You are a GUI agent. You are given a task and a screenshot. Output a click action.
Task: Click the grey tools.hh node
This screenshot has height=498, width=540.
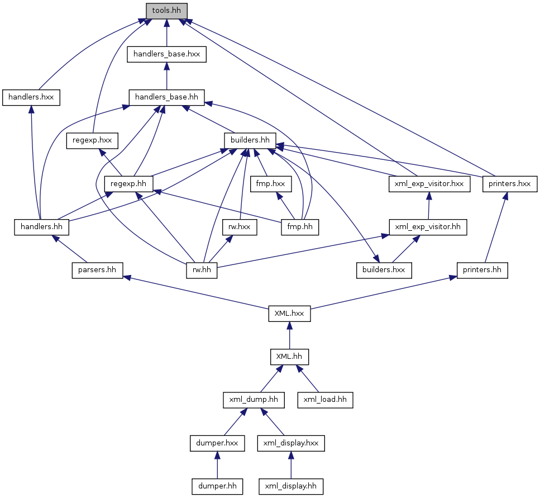click(x=166, y=11)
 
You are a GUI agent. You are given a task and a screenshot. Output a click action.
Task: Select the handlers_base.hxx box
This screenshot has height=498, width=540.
click(x=166, y=54)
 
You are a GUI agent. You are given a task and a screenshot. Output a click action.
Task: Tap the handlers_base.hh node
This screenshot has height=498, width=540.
click(x=166, y=98)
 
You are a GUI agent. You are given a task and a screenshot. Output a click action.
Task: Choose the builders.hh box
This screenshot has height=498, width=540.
click(x=250, y=141)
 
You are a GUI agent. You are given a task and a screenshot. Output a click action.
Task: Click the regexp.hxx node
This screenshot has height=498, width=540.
click(x=92, y=141)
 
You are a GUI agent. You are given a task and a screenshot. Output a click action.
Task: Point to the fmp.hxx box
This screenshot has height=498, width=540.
click(x=271, y=184)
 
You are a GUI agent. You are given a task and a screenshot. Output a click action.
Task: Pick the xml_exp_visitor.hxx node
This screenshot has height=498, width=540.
click(x=429, y=184)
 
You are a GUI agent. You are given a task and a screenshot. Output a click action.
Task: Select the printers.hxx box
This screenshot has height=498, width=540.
click(x=510, y=184)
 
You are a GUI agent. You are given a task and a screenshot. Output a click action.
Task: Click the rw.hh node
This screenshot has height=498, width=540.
click(x=202, y=271)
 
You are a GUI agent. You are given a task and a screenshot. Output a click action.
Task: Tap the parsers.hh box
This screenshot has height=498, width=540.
click(x=98, y=271)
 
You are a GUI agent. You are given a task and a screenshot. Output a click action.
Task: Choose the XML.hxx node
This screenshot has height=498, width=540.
click(x=290, y=314)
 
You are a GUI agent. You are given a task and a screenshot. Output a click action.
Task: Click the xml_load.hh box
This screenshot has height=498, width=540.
click(x=326, y=400)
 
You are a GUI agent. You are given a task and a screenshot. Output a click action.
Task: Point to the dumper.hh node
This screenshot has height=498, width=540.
click(x=217, y=487)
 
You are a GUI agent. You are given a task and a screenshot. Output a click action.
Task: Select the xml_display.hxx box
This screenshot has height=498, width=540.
click(x=291, y=443)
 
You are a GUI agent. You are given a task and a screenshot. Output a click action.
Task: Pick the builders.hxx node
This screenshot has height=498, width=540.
click(x=384, y=271)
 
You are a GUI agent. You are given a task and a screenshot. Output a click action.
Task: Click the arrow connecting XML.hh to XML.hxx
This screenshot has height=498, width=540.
click(x=290, y=335)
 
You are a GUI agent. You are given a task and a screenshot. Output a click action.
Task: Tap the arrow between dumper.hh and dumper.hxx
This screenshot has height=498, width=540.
click(x=217, y=465)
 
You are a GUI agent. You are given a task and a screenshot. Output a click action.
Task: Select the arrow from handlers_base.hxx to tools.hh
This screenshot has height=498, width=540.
click(x=166, y=33)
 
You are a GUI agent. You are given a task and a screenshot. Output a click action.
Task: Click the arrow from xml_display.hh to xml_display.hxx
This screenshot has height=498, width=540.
click(x=291, y=465)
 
